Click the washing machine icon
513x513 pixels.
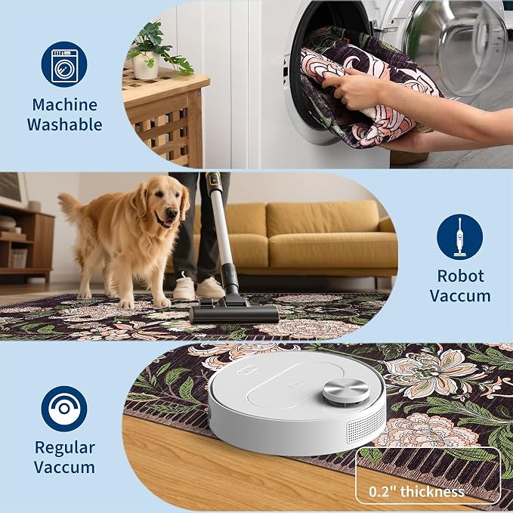coord(64,64)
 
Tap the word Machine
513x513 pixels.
coord(64,105)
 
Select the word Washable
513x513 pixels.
coord(64,125)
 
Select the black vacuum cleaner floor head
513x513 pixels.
coord(233,313)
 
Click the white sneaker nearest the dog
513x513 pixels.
coord(184,287)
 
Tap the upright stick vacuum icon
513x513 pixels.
coord(459,237)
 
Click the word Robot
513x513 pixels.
coord(460,276)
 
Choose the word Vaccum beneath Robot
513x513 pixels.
coord(460,295)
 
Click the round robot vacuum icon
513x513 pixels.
coord(64,409)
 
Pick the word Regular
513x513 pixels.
coord(65,448)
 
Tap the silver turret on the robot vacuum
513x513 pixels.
coord(346,391)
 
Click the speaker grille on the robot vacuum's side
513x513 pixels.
coord(366,425)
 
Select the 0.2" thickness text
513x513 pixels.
coord(416,491)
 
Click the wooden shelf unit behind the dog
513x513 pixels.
coord(26,242)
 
